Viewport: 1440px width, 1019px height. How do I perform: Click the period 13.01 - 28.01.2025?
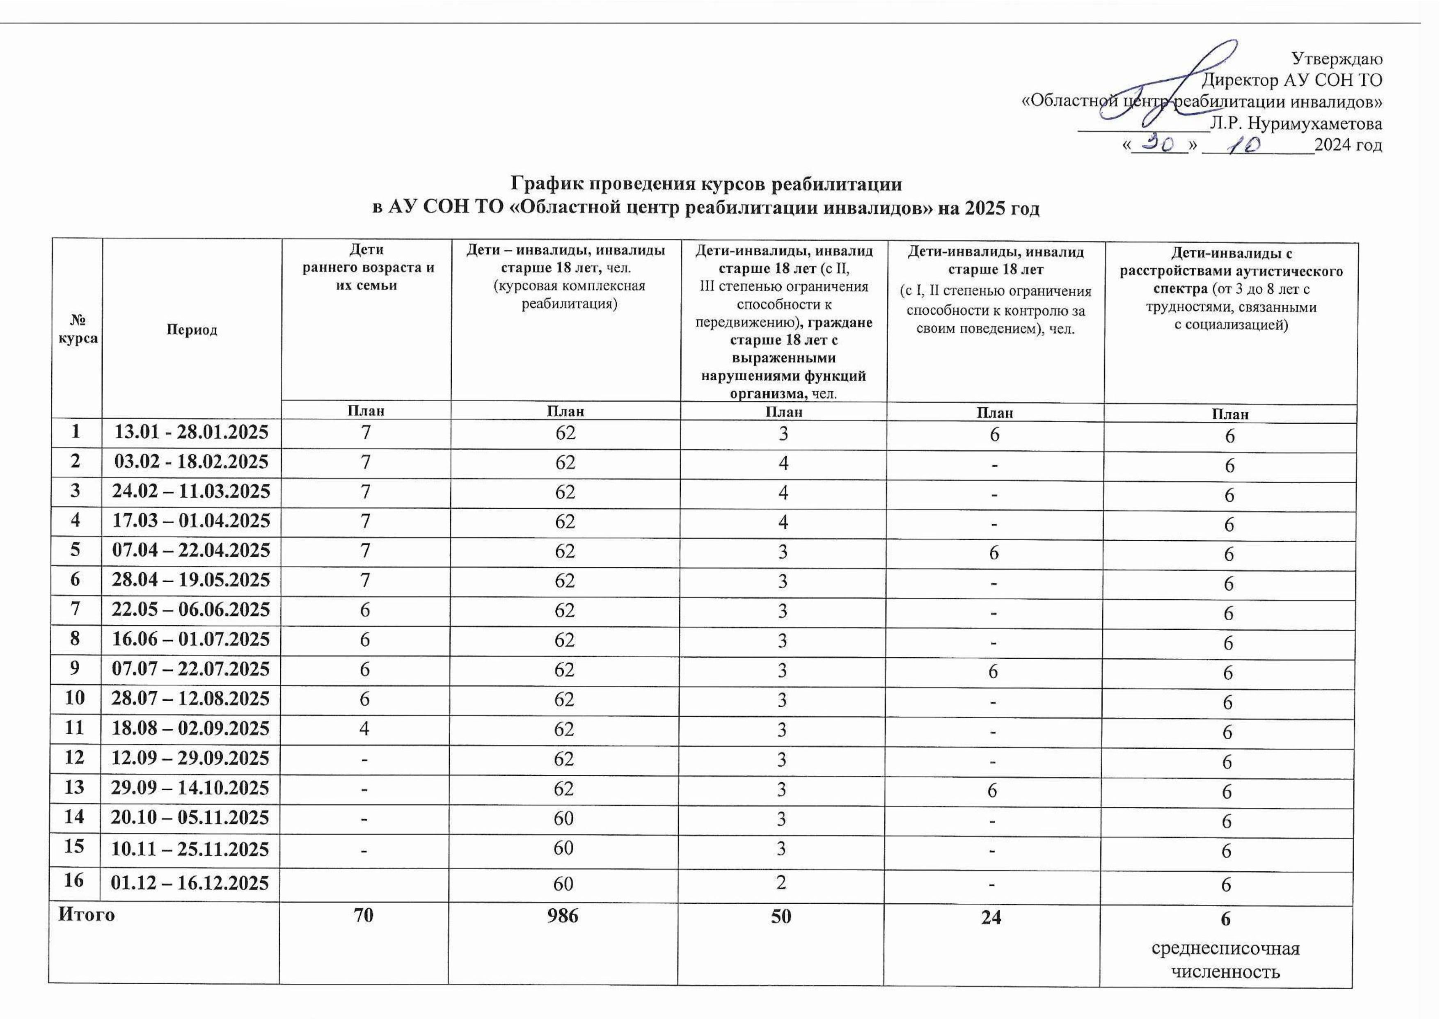point(192,432)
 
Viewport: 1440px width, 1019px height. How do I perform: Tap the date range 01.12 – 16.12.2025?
point(190,883)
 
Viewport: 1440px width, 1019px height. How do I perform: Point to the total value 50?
point(781,916)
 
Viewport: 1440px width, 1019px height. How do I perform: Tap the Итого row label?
point(87,915)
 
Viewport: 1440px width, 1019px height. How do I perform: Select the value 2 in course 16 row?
point(781,882)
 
